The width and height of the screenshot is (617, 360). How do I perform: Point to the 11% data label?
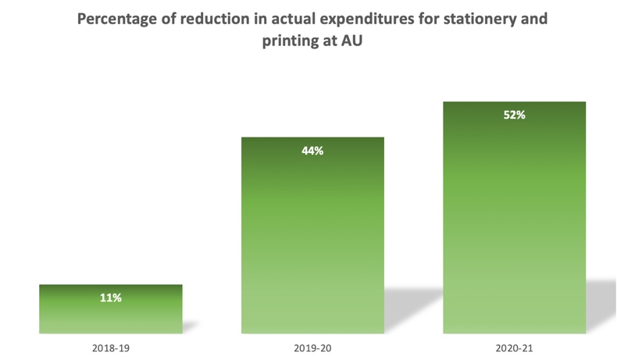coord(110,298)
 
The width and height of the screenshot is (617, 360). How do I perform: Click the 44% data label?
coord(312,151)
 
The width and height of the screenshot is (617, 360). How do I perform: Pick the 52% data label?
coord(514,115)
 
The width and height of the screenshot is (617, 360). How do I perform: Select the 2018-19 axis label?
coord(110,347)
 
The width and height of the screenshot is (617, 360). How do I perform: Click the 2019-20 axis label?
coord(312,347)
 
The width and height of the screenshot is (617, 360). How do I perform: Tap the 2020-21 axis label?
coord(514,347)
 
